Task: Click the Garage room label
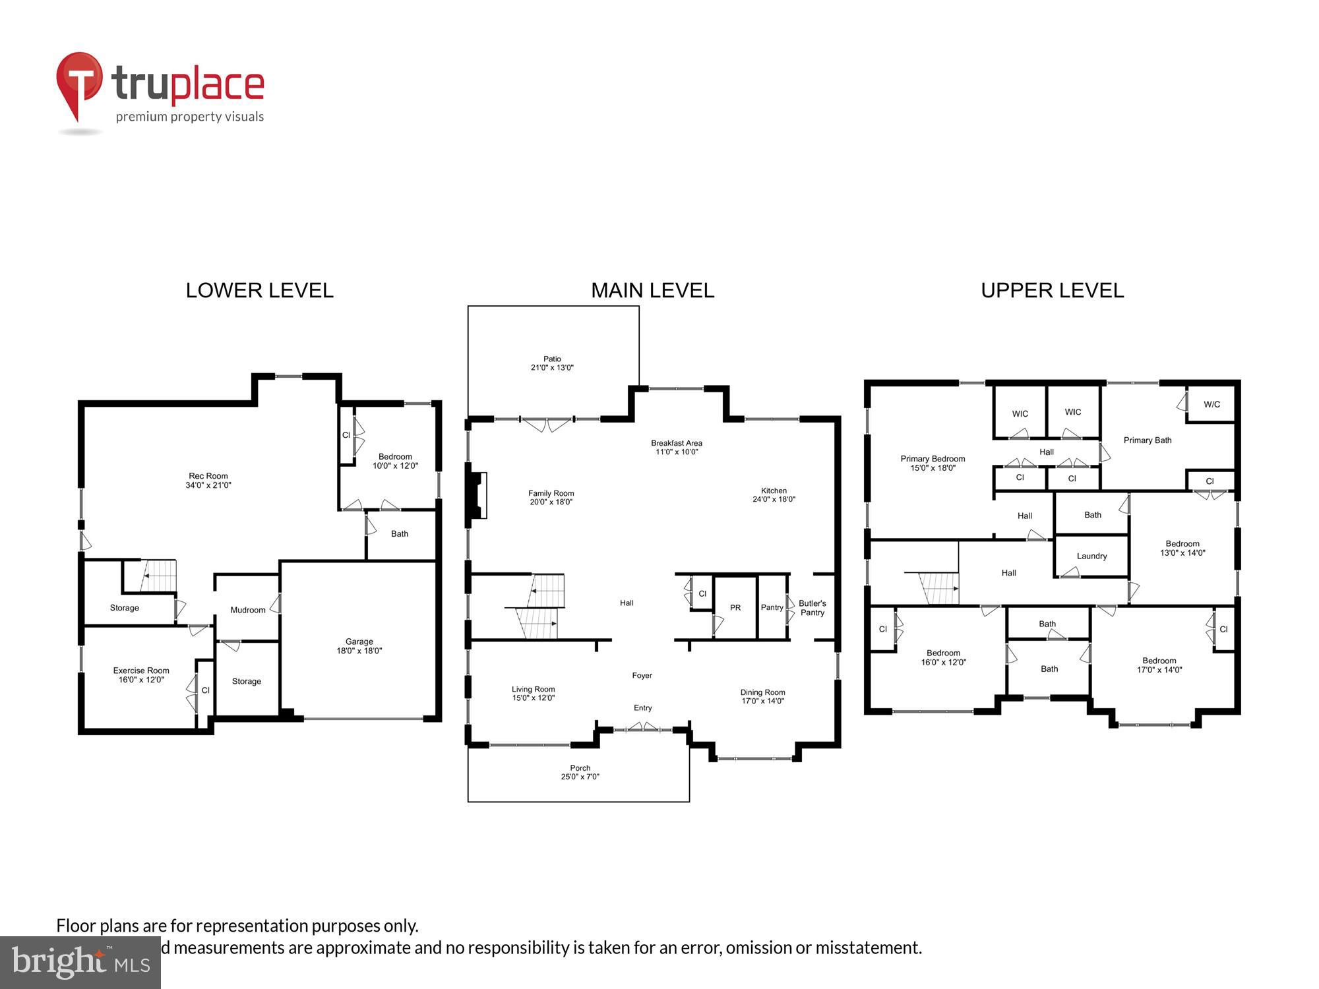359,642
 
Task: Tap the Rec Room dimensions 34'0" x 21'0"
208,485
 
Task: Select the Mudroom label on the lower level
248,610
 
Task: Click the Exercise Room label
141,671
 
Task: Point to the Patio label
552,359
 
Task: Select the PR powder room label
735,608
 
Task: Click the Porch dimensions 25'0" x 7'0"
580,777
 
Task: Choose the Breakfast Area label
676,443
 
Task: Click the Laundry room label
1091,556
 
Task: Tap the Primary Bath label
1148,440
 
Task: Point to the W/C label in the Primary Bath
1212,405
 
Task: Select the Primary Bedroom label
933,459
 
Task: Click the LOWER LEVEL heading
259,291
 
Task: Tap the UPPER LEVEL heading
1052,291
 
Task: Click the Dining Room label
762,692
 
